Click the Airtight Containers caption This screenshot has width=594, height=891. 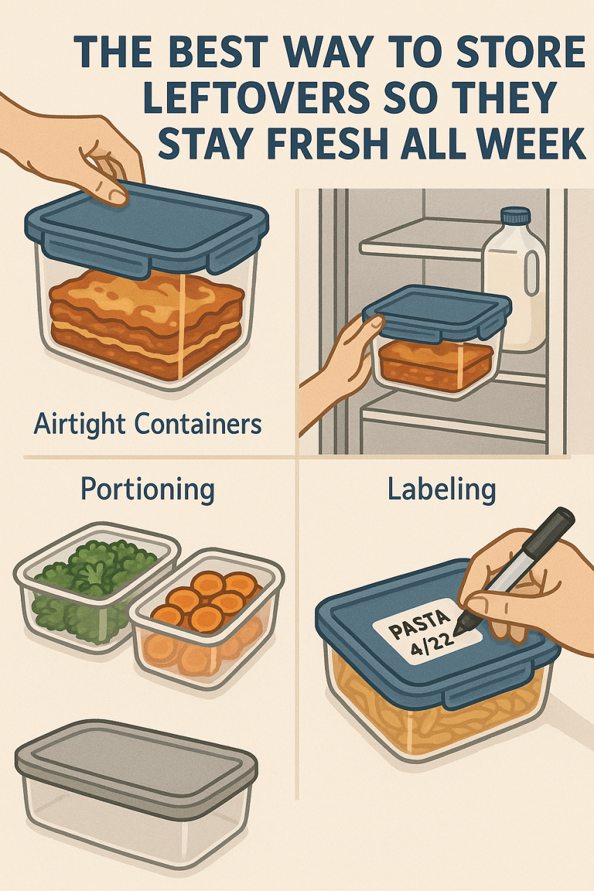147,424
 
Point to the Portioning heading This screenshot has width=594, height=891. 147,491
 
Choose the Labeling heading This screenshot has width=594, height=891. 442,489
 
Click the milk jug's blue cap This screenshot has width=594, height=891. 516,217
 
